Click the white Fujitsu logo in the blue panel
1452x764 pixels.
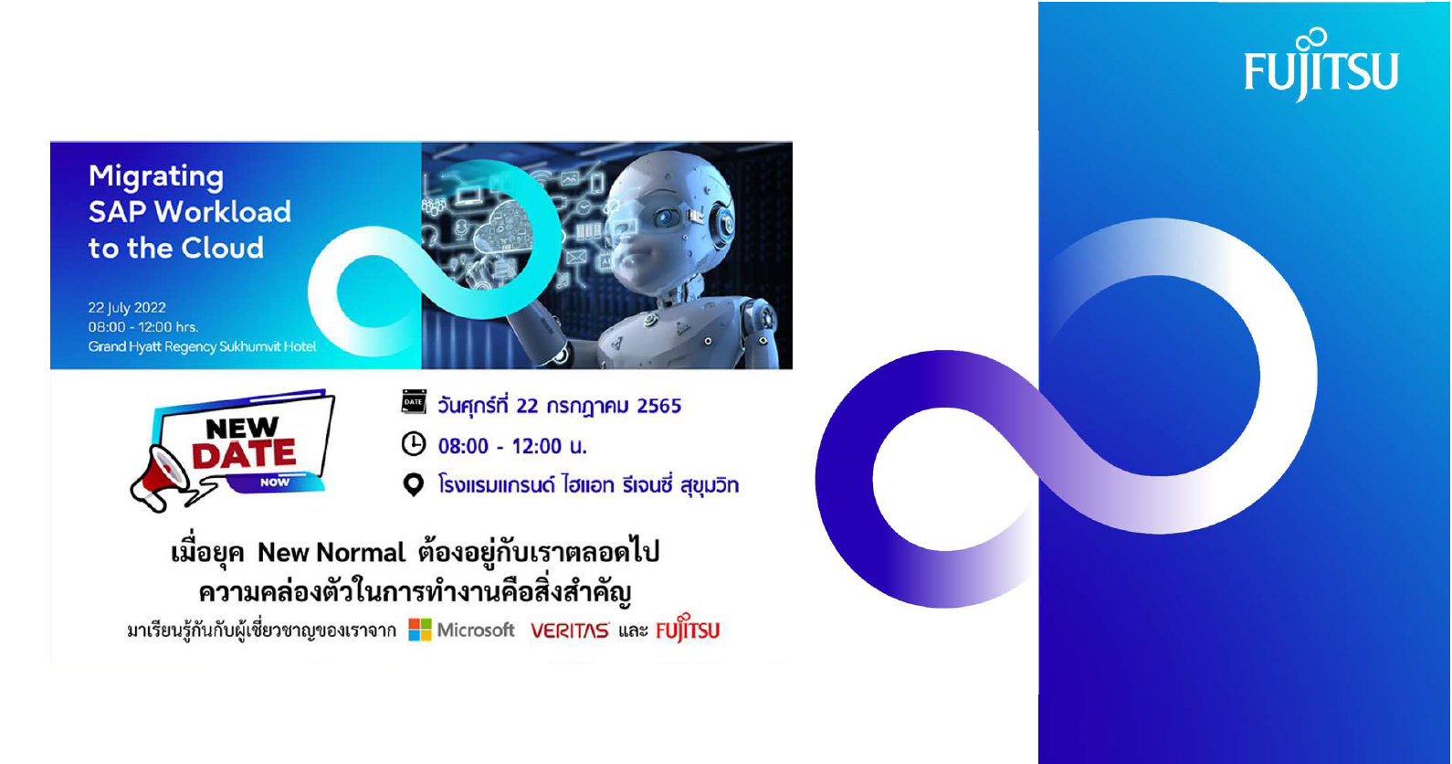coord(1321,65)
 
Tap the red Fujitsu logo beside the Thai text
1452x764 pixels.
coord(688,628)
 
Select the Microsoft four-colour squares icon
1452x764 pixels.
coord(419,629)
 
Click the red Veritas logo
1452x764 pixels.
coord(570,631)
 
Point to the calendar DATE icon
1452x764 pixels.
coord(414,402)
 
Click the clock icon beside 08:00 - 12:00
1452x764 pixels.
coord(414,444)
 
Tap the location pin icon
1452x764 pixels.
coord(414,484)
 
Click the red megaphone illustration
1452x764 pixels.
coord(160,477)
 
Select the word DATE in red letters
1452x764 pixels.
coord(244,453)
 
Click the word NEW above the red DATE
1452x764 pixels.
coord(242,428)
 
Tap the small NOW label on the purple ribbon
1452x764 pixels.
coord(275,483)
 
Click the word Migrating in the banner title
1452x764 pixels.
coord(156,177)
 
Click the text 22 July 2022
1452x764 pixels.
coord(127,307)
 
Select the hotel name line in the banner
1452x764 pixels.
coord(202,346)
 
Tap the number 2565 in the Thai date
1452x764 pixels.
coord(659,406)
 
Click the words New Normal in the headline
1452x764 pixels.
coord(331,553)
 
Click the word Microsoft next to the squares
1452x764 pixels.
coord(476,630)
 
